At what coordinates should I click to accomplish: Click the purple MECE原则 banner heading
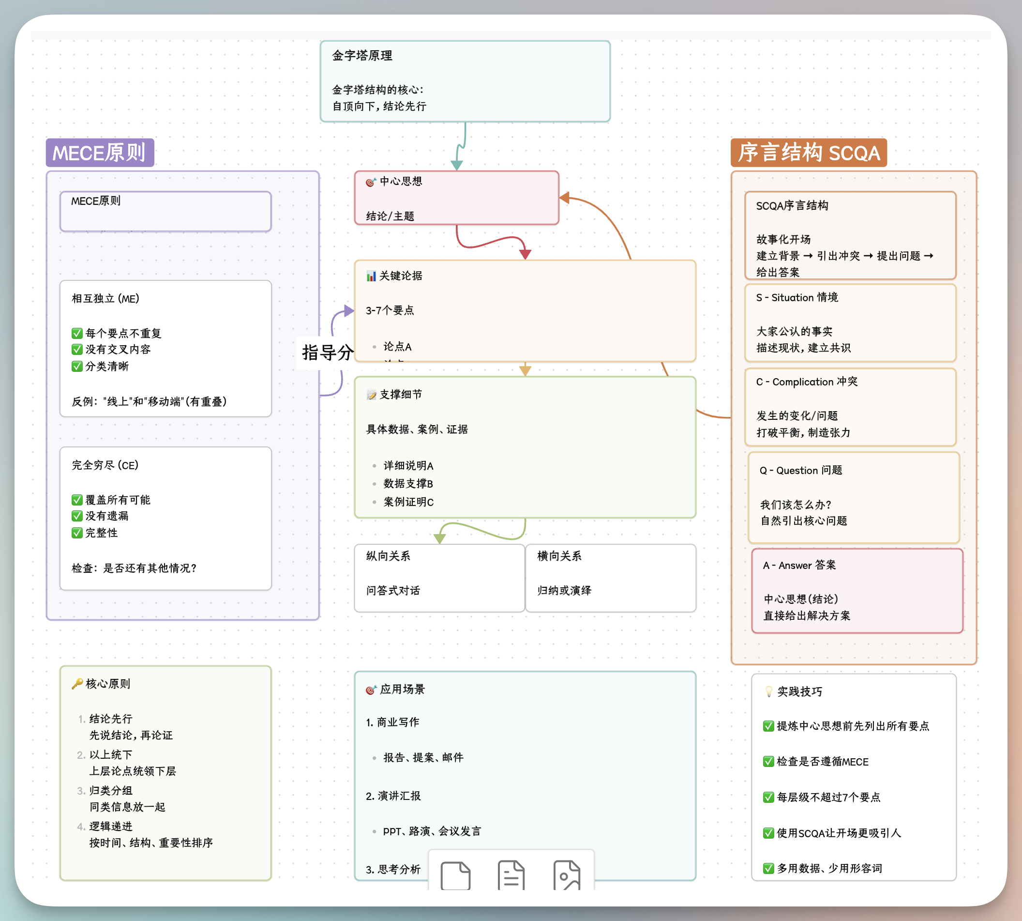coord(100,153)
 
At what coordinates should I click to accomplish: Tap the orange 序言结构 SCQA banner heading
coord(808,153)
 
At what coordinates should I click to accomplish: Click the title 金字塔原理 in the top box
coord(362,56)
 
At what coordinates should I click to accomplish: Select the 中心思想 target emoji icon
coord(371,182)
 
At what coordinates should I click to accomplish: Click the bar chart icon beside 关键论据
coord(371,276)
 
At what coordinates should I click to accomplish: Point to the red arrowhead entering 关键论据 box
coord(526,254)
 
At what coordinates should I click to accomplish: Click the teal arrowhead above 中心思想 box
coord(457,166)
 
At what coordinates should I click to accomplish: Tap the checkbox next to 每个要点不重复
coord(77,333)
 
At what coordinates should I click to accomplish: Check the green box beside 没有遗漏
coord(77,516)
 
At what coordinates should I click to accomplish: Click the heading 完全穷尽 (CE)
coord(105,465)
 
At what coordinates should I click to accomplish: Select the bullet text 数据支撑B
coord(408,484)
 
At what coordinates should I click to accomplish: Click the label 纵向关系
coord(388,556)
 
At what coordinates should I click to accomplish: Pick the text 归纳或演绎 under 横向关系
coord(564,591)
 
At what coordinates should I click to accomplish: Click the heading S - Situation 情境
coord(797,297)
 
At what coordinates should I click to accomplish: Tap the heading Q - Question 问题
coord(800,471)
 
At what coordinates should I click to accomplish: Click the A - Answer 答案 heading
coord(799,565)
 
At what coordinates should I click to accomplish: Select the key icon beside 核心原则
coord(77,684)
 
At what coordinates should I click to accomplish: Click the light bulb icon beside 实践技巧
coord(768,692)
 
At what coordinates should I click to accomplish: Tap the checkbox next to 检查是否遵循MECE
coord(768,762)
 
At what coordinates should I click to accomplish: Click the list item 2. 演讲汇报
coord(393,796)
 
